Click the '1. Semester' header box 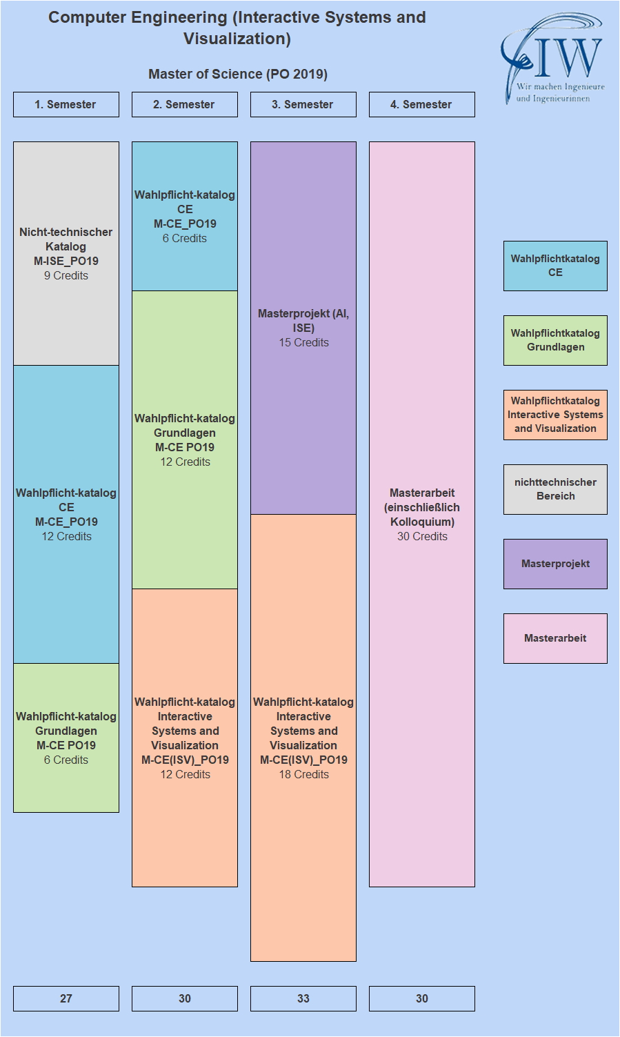click(x=66, y=105)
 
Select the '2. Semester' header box click(x=185, y=105)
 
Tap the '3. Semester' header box click(x=303, y=105)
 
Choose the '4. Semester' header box click(x=422, y=105)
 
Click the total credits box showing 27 click(x=66, y=998)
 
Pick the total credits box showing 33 click(x=303, y=998)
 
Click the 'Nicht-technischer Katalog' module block click(x=66, y=253)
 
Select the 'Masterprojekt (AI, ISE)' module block click(x=303, y=328)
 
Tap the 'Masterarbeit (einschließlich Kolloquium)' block click(x=422, y=514)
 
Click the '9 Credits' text click(x=66, y=276)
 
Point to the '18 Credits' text click(x=303, y=775)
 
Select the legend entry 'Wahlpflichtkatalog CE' click(x=555, y=266)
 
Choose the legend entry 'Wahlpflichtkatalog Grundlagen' click(x=555, y=340)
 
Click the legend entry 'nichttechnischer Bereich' click(x=555, y=489)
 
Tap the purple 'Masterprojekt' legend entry click(x=555, y=564)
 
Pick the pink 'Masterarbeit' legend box click(x=555, y=638)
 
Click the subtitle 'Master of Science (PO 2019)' click(x=238, y=74)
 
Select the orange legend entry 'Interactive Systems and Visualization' click(x=555, y=415)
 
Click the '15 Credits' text click(x=303, y=343)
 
